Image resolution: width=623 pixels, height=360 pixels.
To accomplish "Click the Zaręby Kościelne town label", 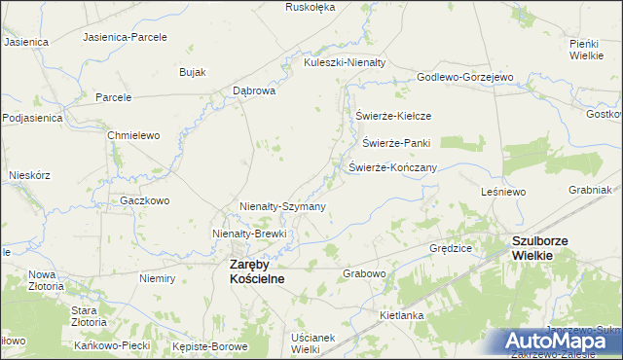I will [256, 271].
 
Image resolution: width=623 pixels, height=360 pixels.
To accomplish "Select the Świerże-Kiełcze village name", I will [393, 116].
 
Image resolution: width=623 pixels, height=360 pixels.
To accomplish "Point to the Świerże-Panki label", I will [396, 142].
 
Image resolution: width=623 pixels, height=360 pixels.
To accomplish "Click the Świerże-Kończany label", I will [392, 167].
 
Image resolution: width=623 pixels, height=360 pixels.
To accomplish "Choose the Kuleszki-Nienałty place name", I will [345, 61].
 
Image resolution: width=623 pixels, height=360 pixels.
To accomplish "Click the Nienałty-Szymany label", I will [282, 206].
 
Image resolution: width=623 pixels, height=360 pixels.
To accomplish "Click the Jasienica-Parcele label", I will [126, 37].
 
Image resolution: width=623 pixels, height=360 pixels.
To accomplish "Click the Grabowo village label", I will [365, 273].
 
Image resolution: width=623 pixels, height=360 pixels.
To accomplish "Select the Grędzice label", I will [451, 248].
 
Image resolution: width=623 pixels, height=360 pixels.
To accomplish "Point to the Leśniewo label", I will [503, 193].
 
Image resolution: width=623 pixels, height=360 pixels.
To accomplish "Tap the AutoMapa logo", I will [563, 341].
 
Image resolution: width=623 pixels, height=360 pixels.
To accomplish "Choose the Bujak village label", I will [192, 72].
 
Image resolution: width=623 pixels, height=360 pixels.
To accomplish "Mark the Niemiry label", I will [157, 278].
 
